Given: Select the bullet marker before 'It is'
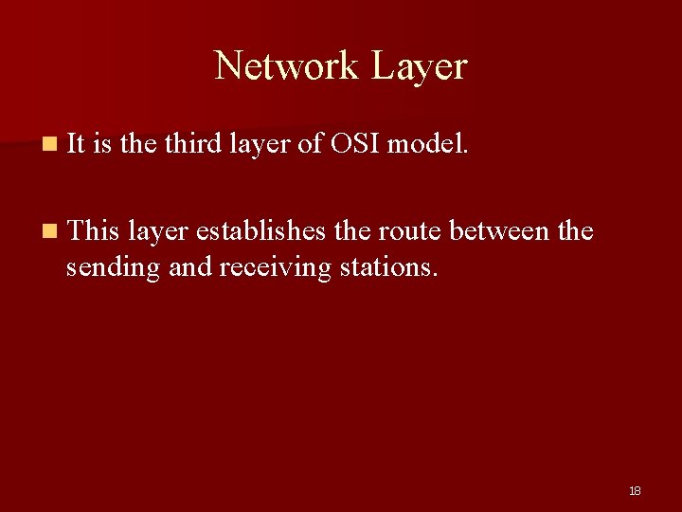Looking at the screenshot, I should pyautogui.click(x=48, y=145).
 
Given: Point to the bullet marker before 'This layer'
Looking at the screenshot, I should pyautogui.click(x=48, y=230).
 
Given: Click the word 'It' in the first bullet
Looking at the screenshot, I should pyautogui.click(x=77, y=144).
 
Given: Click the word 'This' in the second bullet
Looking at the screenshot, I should pyautogui.click(x=92, y=229).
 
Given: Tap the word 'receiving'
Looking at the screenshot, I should pyautogui.click(x=276, y=268).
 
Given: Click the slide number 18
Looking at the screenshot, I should pyautogui.click(x=635, y=490).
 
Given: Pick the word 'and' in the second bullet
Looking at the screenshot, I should pyautogui.click(x=189, y=266).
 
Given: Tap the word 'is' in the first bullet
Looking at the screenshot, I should pyautogui.click(x=103, y=144).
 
